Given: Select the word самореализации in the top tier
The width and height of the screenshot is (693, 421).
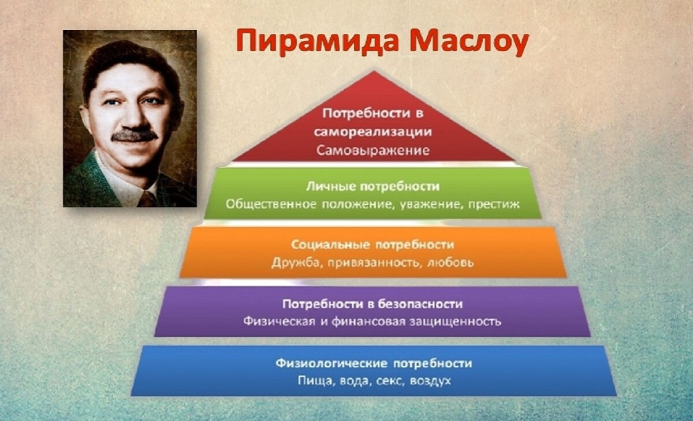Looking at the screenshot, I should point(373,131).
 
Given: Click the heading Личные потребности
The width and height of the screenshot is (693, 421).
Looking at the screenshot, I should point(372,187).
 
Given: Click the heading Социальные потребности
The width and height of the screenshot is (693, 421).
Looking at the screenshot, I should point(372,245).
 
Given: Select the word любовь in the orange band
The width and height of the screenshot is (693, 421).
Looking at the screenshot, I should point(452,262).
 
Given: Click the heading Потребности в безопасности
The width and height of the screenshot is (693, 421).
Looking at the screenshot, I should point(372,303).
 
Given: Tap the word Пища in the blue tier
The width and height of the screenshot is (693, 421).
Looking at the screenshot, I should point(312,381).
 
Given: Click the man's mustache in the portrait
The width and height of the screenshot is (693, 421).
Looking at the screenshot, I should point(134,136).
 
